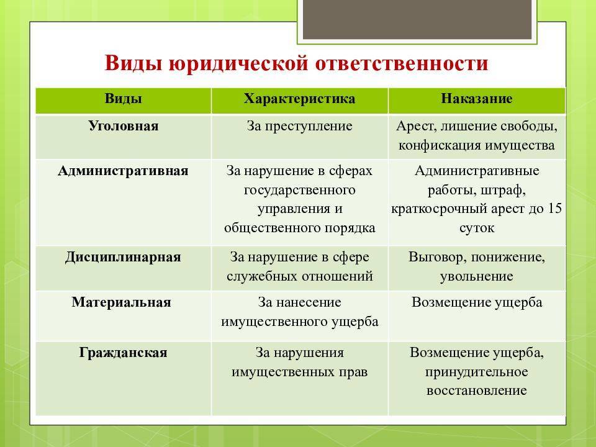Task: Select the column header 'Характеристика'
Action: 299,99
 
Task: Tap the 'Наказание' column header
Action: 477,99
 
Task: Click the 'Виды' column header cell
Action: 123,101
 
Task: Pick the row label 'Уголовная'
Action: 123,126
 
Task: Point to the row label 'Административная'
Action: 123,171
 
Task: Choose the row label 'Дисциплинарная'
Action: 123,257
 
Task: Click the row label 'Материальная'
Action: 121,302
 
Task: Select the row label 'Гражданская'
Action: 123,353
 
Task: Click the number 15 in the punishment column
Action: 554,209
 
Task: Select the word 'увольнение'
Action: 477,276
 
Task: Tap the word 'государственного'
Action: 299,190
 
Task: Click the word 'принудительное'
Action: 477,372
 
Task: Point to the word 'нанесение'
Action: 309,302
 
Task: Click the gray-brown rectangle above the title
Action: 417,19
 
